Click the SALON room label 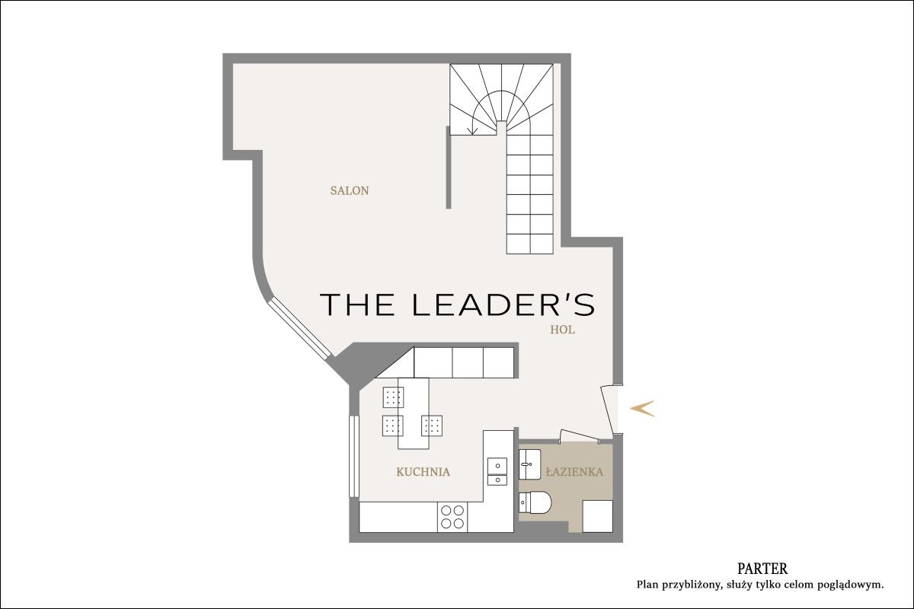pyautogui.click(x=350, y=190)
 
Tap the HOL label pyautogui.click(x=562, y=330)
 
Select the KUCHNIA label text pyautogui.click(x=423, y=472)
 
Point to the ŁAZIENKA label pyautogui.click(x=574, y=472)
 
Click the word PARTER pyautogui.click(x=762, y=568)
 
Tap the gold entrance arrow pyautogui.click(x=642, y=408)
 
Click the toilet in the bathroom pyautogui.click(x=535, y=503)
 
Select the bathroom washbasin pyautogui.click(x=529, y=464)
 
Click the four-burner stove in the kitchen pyautogui.click(x=452, y=517)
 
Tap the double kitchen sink pyautogui.click(x=497, y=471)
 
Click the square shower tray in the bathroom pyautogui.click(x=597, y=516)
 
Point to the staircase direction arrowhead pyautogui.click(x=473, y=130)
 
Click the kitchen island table pyautogui.click(x=414, y=413)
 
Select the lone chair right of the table pyautogui.click(x=432, y=426)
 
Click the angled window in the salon pyautogui.click(x=299, y=330)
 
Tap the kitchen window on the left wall pyautogui.click(x=353, y=457)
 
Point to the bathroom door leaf pyautogui.click(x=579, y=435)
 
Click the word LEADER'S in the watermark pyautogui.click(x=504, y=304)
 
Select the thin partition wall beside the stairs pyautogui.click(x=449, y=167)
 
